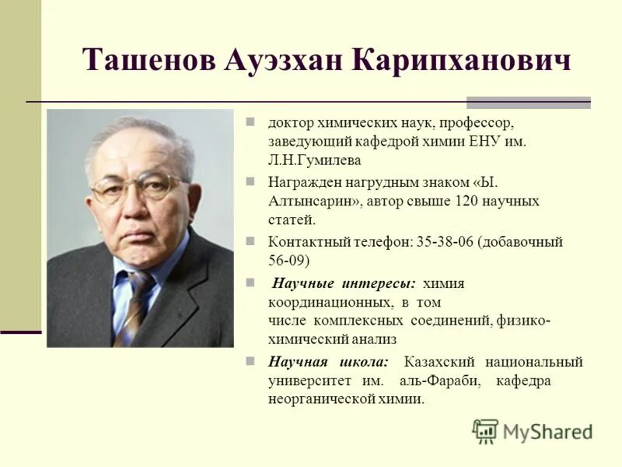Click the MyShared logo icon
click(x=485, y=431)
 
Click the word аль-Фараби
click(x=440, y=381)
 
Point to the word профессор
click(x=482, y=124)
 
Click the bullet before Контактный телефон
click(x=251, y=241)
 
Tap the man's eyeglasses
click(x=138, y=188)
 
